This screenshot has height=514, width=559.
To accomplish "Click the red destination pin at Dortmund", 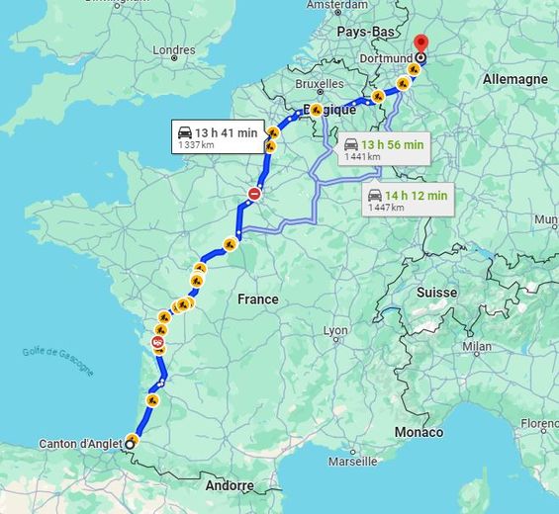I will click(x=420, y=44).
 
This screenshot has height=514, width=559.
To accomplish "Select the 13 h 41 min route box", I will click(x=216, y=137).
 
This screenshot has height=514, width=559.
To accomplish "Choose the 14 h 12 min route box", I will click(x=407, y=200).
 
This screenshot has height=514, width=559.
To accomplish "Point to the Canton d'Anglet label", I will click(x=82, y=443).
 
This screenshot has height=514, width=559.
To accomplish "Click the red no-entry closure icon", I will click(x=255, y=195).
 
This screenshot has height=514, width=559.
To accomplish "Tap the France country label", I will click(x=257, y=299).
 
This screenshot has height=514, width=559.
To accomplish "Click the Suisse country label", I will click(x=436, y=293).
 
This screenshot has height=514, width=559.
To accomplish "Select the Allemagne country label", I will click(x=514, y=79).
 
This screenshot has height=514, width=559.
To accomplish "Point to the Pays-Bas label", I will click(x=367, y=32).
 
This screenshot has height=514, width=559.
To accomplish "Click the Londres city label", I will click(x=174, y=50).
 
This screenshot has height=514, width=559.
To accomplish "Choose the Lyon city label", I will click(x=335, y=330).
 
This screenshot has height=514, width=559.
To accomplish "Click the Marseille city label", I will click(x=353, y=462).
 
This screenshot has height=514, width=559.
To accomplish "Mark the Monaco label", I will click(x=419, y=432).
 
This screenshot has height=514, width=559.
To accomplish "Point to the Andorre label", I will click(x=230, y=485).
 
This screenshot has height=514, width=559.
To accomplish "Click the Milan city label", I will click(x=476, y=346).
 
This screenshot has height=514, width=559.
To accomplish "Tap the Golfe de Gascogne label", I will click(x=58, y=361).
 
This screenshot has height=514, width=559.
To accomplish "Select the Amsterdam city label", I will click(x=336, y=5).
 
